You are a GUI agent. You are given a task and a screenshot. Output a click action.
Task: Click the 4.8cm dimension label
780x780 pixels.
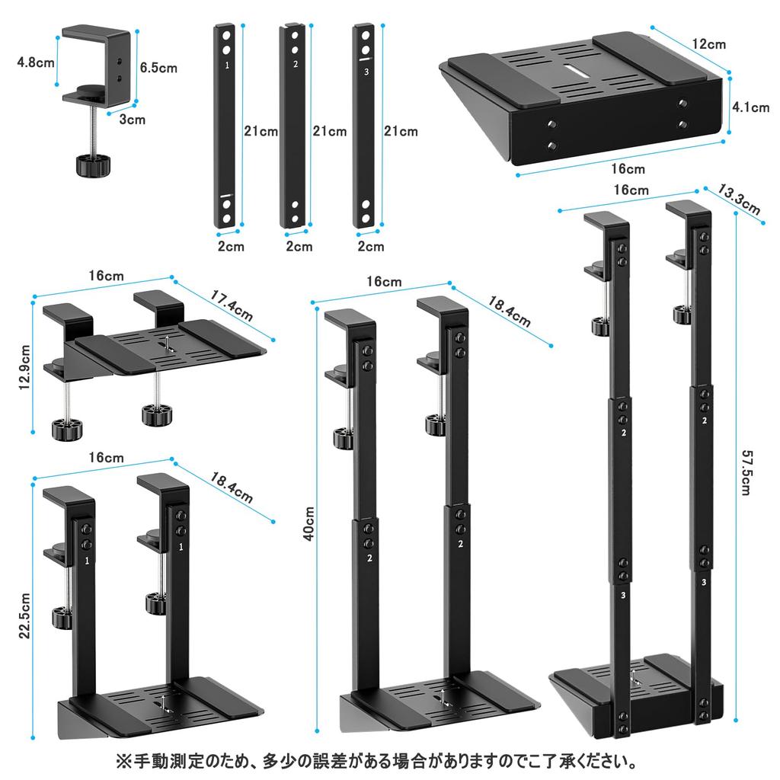coord(36,62)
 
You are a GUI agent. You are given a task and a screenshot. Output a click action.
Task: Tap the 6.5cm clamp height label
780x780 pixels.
coord(158,67)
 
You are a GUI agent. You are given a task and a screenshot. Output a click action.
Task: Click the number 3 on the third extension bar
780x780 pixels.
coord(366,72)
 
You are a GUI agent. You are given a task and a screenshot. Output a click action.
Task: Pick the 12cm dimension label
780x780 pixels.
coord(708,44)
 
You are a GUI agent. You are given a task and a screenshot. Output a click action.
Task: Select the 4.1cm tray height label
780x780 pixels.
coord(750,107)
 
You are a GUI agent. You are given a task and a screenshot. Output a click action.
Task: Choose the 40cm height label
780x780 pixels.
coord(307,524)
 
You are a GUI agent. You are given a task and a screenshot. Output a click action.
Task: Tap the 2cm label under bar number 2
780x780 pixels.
coord(299,246)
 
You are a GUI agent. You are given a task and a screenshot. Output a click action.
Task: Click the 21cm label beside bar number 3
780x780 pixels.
coord(400,131)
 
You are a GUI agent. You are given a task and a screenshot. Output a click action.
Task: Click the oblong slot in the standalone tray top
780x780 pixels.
coord(577,72)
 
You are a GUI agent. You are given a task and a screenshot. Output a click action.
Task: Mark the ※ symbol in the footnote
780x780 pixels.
coord(124,761)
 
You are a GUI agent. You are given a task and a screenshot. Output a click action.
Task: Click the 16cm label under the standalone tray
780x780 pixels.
coord(627,169)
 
